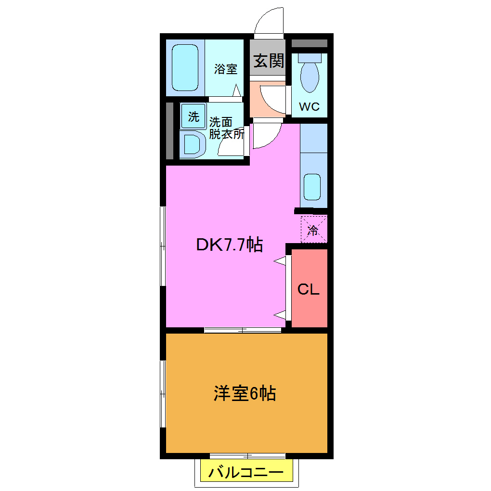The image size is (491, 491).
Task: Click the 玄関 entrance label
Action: [x=269, y=61]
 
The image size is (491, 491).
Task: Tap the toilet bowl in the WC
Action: [x=309, y=77]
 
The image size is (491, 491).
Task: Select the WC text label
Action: [x=309, y=107]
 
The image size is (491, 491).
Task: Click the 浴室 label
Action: [x=226, y=69]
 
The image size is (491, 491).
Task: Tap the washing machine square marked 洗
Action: [x=193, y=116]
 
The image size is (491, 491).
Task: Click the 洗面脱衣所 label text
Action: [x=226, y=128]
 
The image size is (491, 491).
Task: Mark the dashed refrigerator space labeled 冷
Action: [x=313, y=230]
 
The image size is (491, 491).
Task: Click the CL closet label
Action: [x=309, y=289]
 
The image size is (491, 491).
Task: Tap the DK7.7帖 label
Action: [x=229, y=245]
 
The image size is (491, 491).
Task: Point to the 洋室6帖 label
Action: [x=245, y=394]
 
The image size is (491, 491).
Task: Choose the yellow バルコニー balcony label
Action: [x=246, y=472]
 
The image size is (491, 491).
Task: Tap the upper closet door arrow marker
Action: [x=280, y=260]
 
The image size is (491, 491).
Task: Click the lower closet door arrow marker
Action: [x=280, y=315]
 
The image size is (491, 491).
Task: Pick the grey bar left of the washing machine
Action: [x=169, y=130]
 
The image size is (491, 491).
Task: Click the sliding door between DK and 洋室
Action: [x=243, y=330]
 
